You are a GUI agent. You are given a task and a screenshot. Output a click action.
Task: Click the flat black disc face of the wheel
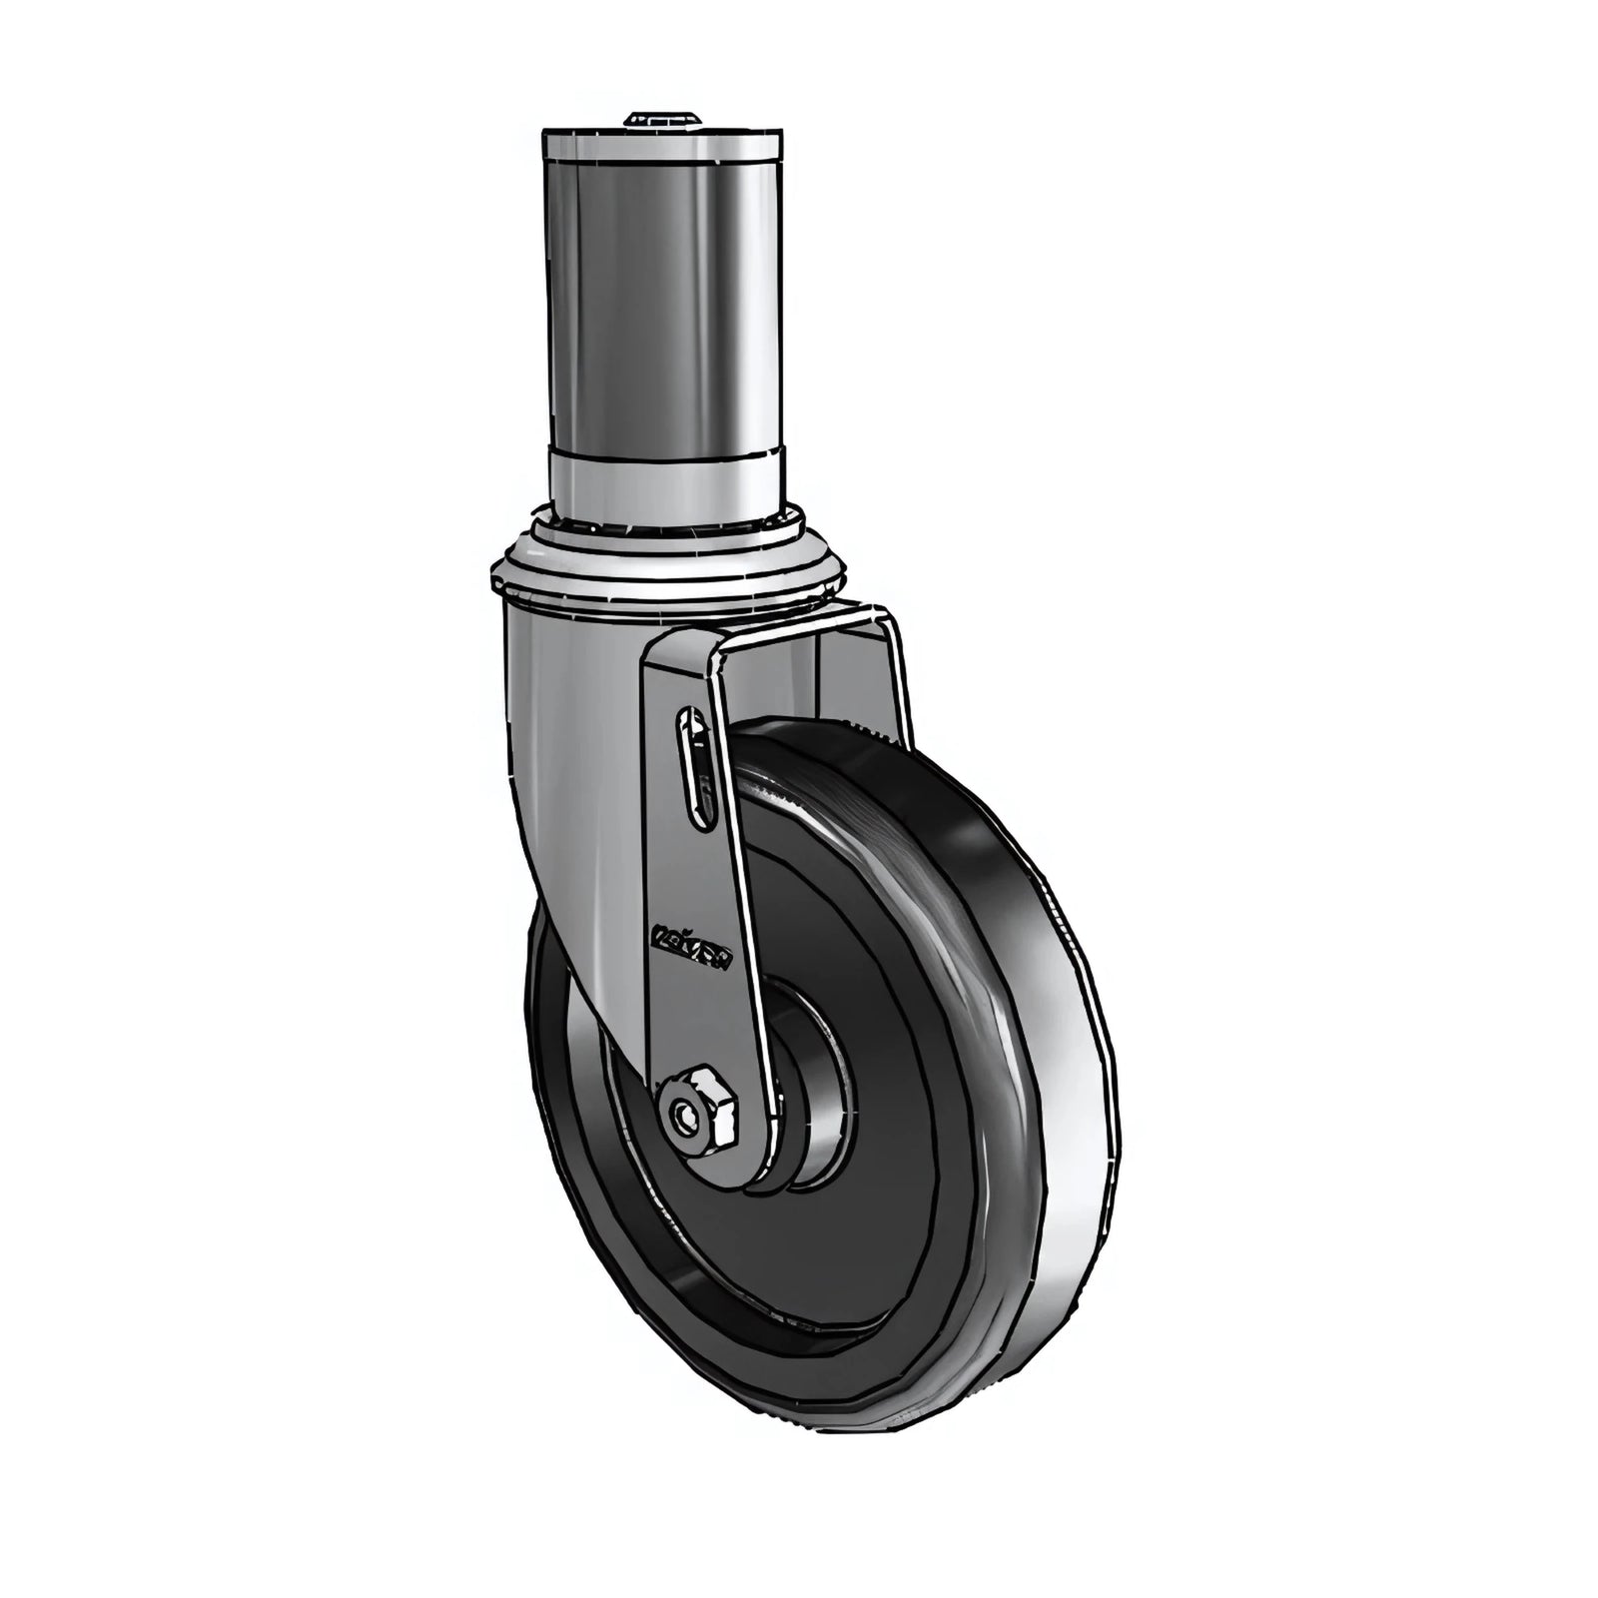879,1179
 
